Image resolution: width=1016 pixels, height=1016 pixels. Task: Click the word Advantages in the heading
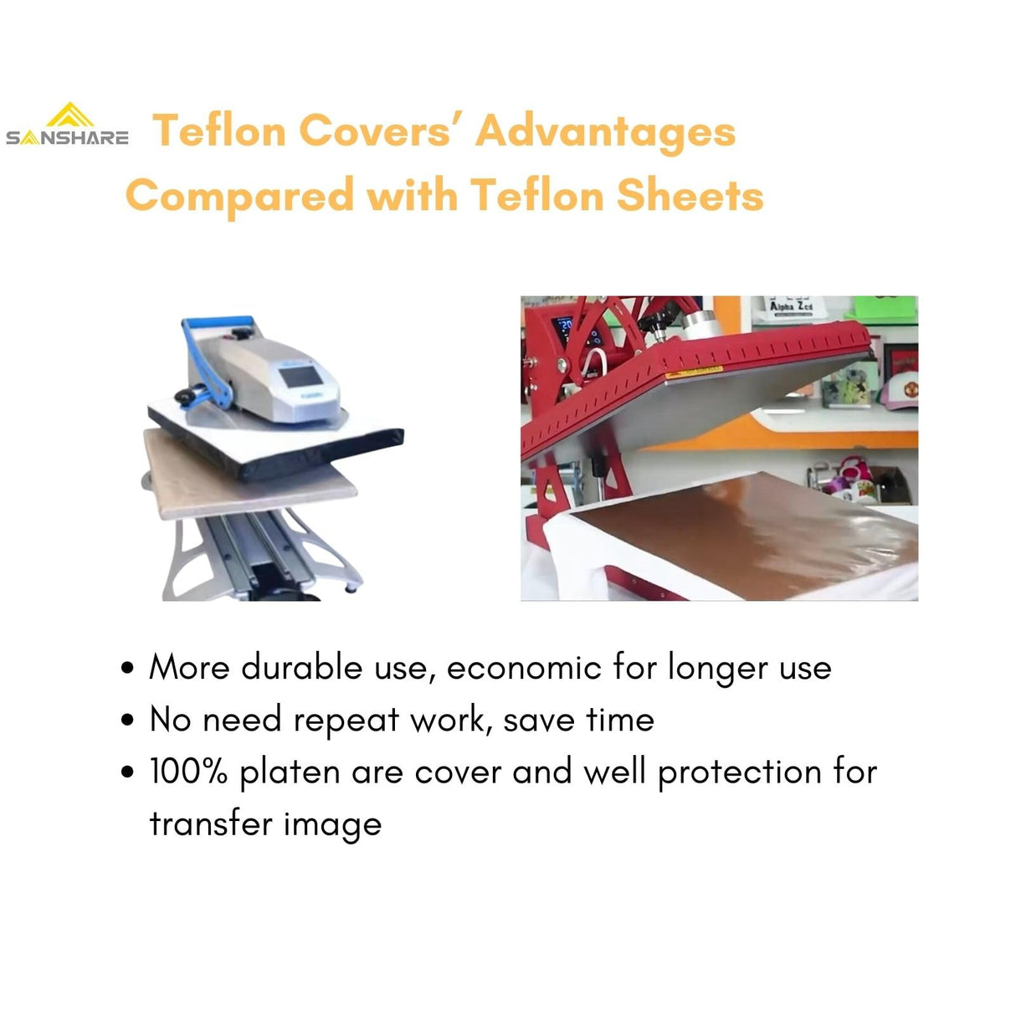click(x=605, y=131)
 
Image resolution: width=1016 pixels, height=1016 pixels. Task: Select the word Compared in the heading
click(x=239, y=196)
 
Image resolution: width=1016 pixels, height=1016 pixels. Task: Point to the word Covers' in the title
click(x=378, y=131)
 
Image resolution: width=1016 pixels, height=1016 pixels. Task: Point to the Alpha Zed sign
click(x=791, y=306)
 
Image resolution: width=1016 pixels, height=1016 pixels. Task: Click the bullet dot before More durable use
click(x=127, y=669)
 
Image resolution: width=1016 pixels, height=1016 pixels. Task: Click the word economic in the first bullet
click(x=523, y=667)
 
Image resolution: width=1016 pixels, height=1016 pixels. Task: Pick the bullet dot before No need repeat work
click(x=127, y=721)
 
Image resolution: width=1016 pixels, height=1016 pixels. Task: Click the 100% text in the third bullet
click(x=188, y=771)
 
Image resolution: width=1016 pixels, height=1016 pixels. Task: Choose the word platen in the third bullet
click(x=289, y=772)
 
